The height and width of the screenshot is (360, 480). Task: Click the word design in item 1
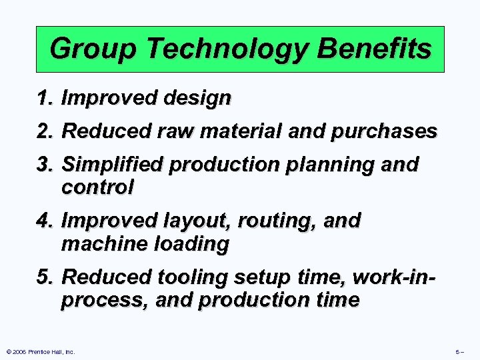coord(198,99)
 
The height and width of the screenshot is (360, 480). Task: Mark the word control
coord(97,188)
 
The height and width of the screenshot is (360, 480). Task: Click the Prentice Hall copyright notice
coord(41,351)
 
